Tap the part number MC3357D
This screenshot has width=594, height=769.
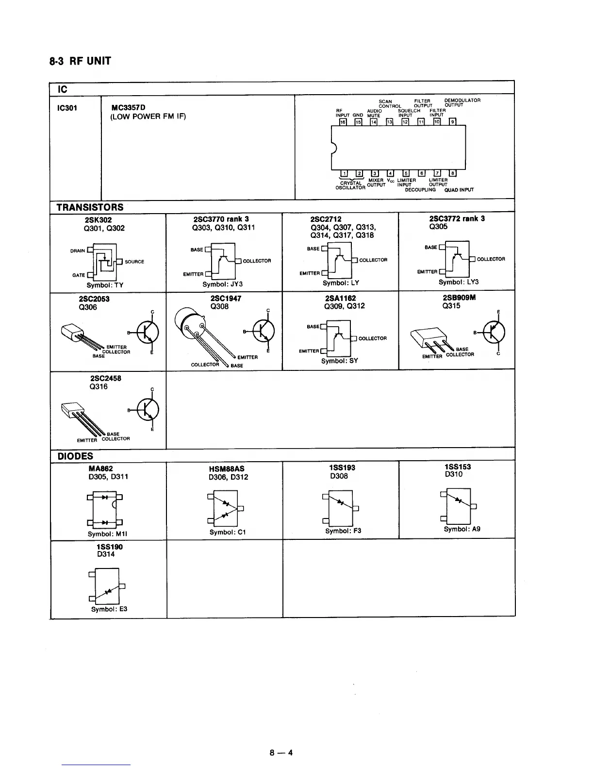129,107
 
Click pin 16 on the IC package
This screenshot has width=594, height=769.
343,122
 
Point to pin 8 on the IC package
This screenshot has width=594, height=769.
453,173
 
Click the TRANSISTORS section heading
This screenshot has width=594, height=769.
90,207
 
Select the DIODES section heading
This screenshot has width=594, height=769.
75,456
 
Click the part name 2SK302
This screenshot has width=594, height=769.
98,220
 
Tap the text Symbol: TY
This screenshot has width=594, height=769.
105,285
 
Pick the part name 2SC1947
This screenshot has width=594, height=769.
226,299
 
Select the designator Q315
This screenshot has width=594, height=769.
451,306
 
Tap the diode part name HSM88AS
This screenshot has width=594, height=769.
226,469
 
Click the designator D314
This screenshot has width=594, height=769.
106,554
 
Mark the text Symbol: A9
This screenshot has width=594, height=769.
462,529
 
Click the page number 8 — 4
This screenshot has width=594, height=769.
281,753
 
